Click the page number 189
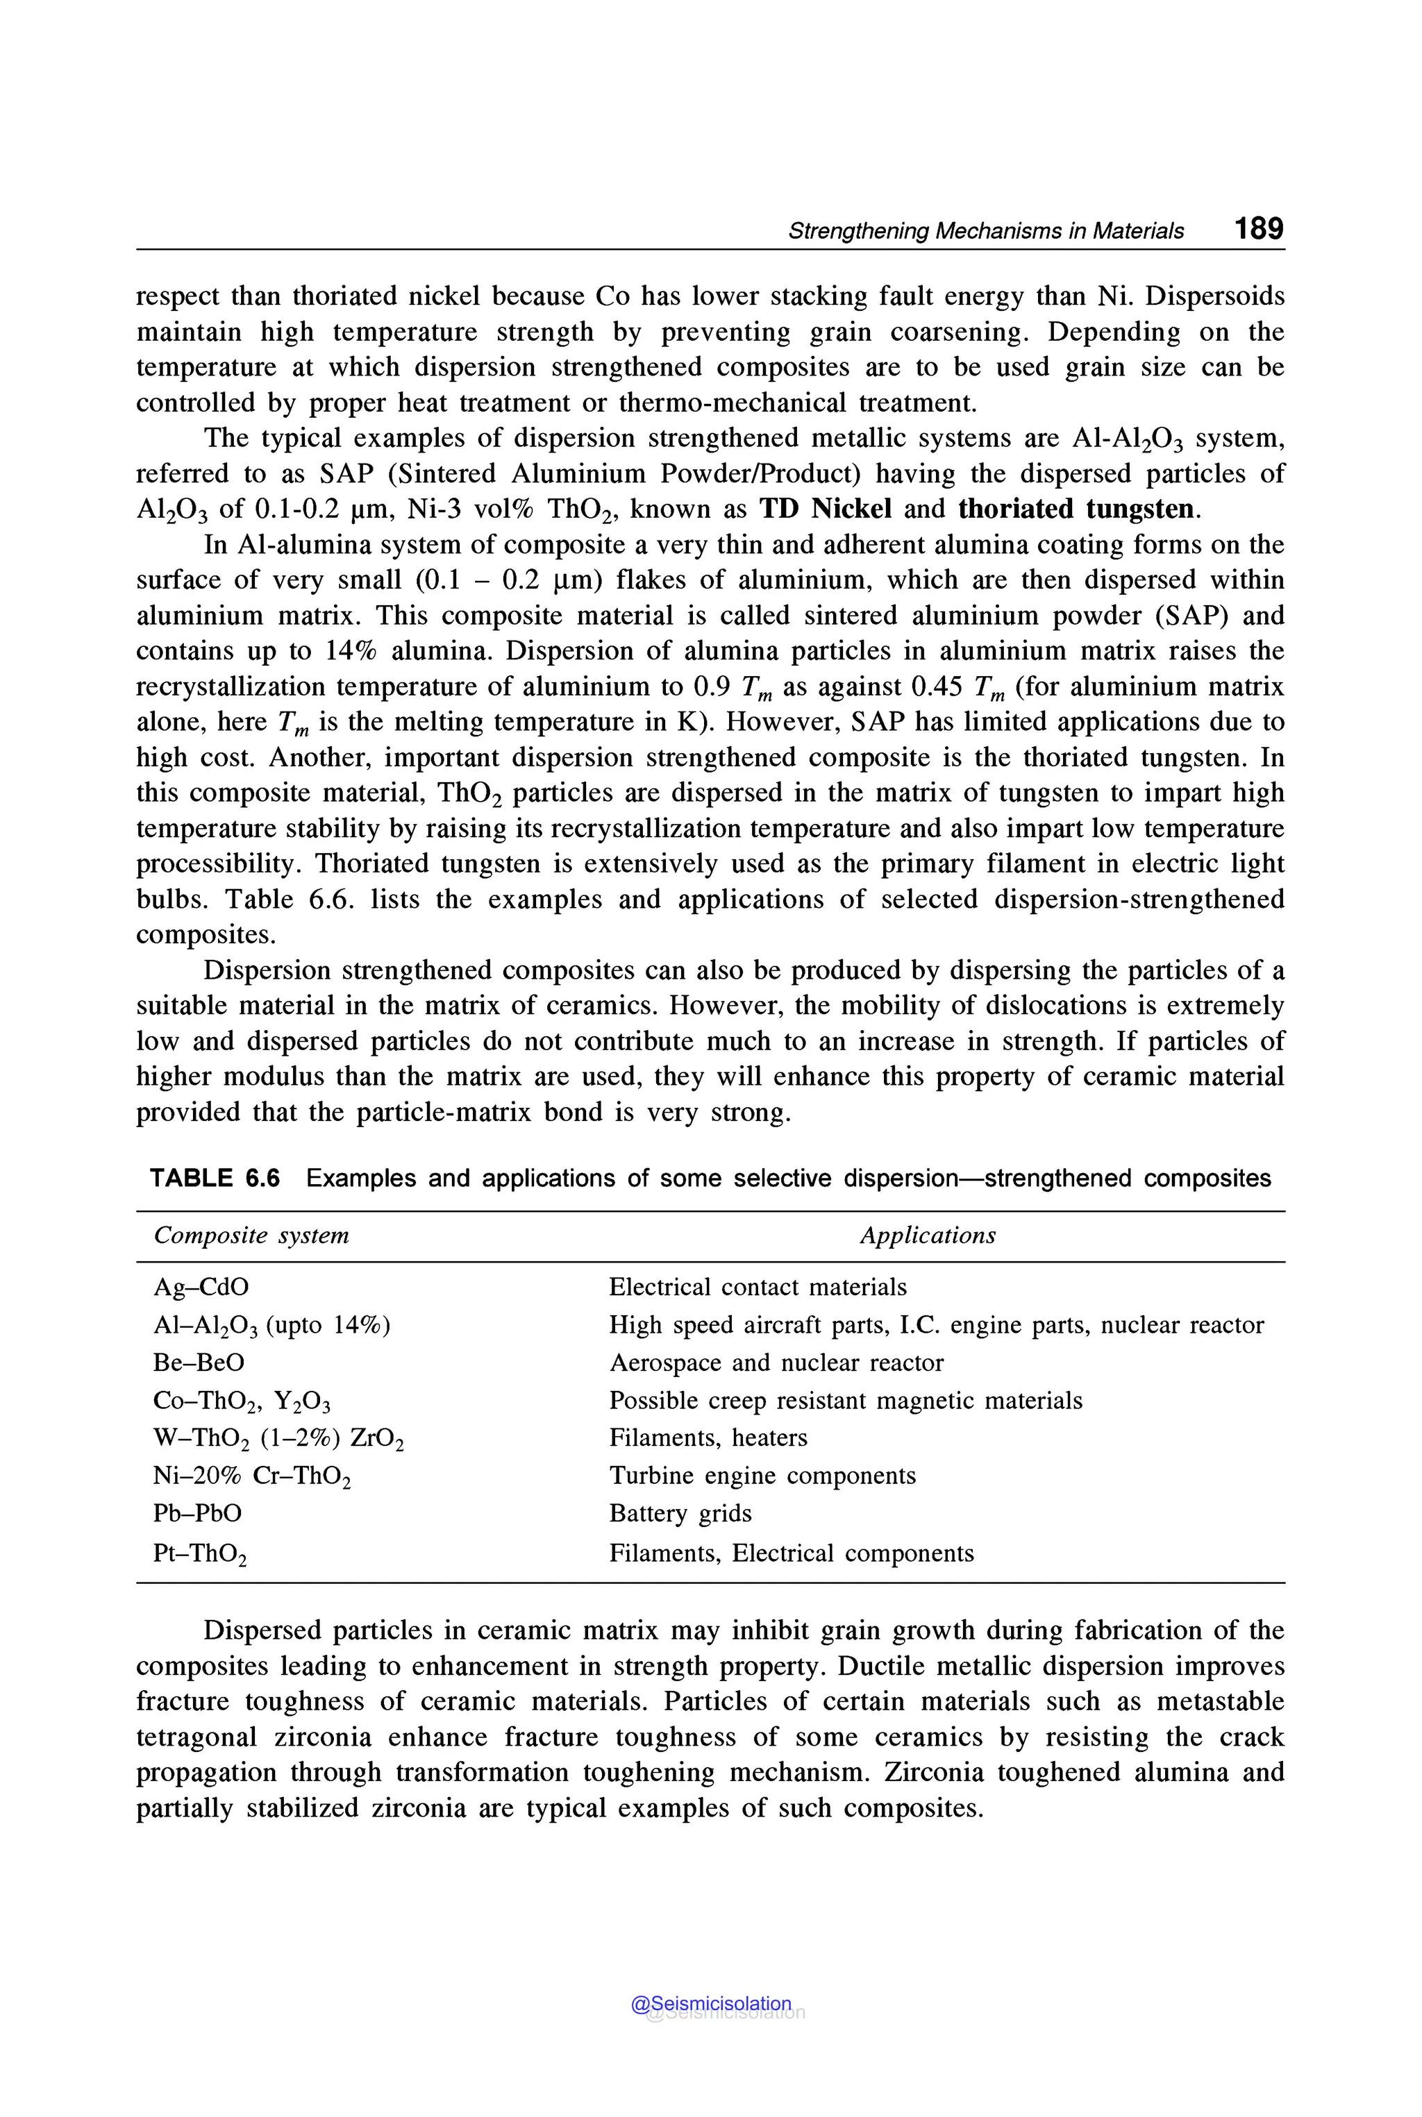tap(1258, 228)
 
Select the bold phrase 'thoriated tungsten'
tap(1076, 509)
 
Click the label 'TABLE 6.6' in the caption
tap(215, 1178)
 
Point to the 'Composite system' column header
tap(251, 1235)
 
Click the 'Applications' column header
tap(927, 1235)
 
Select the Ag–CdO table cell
tap(201, 1287)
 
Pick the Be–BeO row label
tap(199, 1363)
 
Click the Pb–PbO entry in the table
tap(198, 1513)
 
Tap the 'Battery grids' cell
tap(680, 1513)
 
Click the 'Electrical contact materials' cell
tap(758, 1287)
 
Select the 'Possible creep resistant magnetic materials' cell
tap(845, 1400)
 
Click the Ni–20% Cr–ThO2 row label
tap(251, 1476)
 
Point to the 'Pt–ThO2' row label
tap(199, 1554)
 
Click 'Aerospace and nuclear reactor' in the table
tap(776, 1363)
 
